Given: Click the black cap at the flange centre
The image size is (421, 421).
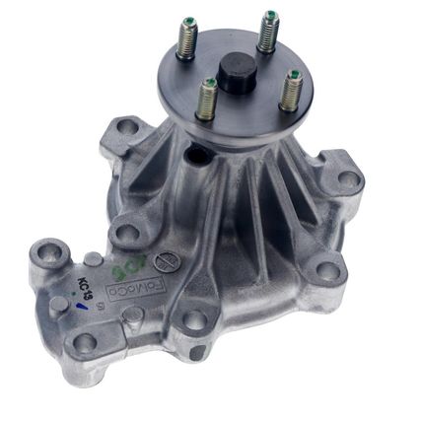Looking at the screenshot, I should [237, 72].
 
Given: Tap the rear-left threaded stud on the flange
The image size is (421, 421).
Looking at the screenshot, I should [185, 39].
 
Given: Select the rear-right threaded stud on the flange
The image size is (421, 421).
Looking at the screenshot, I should [269, 31].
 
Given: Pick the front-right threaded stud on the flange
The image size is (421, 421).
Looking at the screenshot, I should [291, 92].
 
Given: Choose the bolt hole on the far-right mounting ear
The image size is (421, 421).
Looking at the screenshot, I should [348, 180].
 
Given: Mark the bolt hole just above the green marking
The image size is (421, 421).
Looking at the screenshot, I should [124, 234].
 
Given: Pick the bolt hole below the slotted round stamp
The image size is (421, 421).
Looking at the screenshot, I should [195, 320].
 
